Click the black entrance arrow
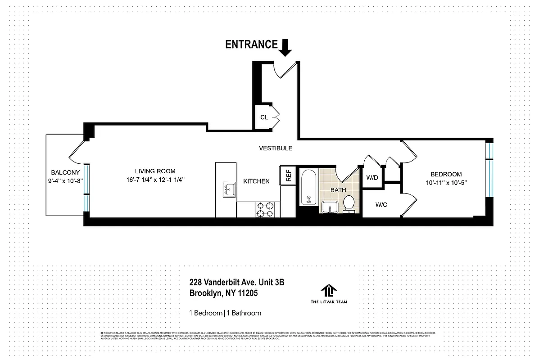point(285,47)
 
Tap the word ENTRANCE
point(251,44)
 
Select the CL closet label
point(264,117)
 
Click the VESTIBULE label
point(276,148)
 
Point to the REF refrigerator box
point(288,175)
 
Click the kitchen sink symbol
point(229,189)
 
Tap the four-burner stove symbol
point(266,209)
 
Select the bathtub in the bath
point(309,187)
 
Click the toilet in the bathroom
point(348,204)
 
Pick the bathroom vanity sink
point(331,207)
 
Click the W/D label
point(372,178)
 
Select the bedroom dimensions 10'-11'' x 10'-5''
point(446,183)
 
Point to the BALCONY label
point(65,172)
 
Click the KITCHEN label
point(256,181)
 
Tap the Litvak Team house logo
point(329,291)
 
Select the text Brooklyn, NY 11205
point(223,293)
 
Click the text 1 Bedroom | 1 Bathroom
point(225,313)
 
